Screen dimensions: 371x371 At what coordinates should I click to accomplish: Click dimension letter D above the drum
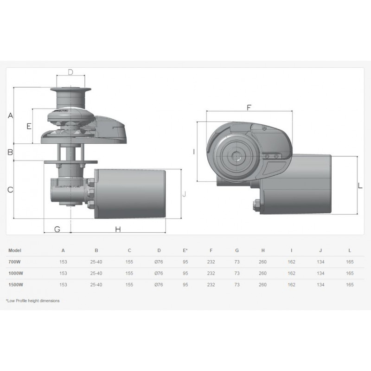click(x=70, y=72)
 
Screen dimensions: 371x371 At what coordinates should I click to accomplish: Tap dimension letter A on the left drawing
click(x=10, y=115)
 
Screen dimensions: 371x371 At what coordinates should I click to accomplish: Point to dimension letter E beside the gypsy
click(x=29, y=126)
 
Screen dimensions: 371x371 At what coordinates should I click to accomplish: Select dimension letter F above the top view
click(x=249, y=108)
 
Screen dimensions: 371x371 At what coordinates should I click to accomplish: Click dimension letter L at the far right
click(x=360, y=185)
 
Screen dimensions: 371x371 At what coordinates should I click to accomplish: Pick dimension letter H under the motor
click(x=118, y=229)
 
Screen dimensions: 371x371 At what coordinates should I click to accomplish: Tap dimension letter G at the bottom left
click(x=57, y=229)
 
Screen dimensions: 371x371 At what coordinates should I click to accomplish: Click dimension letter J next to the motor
click(x=184, y=194)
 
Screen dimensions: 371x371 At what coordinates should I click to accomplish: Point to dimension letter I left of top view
click(x=194, y=152)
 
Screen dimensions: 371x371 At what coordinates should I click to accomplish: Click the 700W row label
click(x=15, y=262)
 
